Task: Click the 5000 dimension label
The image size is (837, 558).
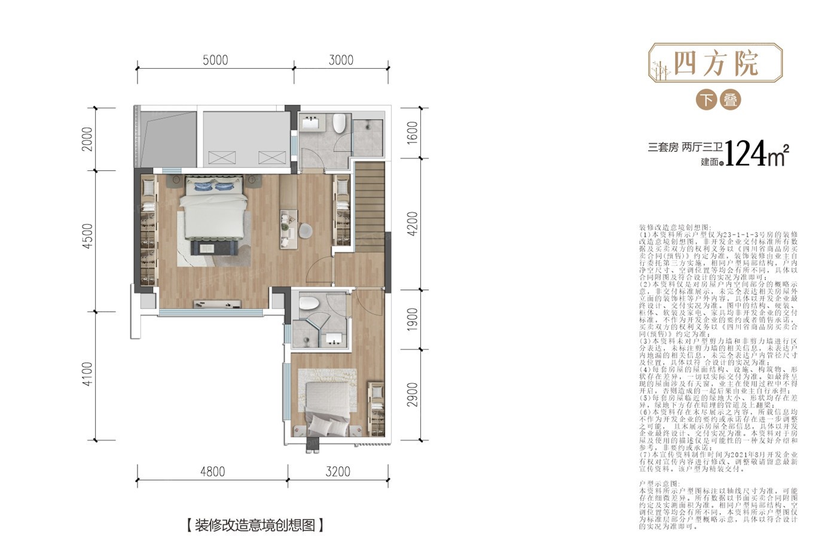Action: (215, 60)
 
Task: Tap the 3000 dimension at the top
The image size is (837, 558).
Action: (341, 60)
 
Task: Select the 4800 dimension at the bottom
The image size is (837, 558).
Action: (212, 472)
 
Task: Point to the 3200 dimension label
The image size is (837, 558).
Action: (338, 472)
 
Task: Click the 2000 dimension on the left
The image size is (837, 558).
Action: (88, 139)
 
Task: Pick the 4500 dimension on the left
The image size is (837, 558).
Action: (88, 236)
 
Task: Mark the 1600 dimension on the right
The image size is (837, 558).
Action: (413, 133)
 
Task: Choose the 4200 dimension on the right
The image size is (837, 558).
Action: (413, 223)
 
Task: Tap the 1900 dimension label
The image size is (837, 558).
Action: (413, 321)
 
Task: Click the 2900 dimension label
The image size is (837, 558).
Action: (413, 395)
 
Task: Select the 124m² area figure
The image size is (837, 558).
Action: (756, 154)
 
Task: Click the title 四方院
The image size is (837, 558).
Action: (716, 63)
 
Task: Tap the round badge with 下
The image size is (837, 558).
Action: (707, 99)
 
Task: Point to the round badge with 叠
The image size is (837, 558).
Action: (730, 99)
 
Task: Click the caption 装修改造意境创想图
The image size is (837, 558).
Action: (255, 526)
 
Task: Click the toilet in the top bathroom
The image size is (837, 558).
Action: (340, 123)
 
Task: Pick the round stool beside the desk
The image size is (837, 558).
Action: (305, 230)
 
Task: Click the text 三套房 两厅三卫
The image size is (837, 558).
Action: (685, 147)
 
